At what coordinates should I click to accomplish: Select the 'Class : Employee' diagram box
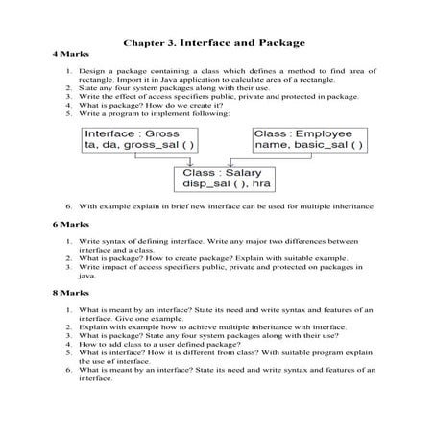(x=305, y=139)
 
